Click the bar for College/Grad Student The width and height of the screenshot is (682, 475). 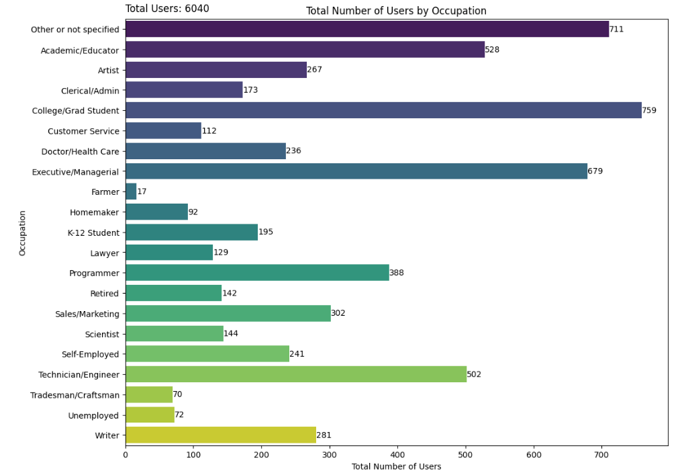tap(383, 110)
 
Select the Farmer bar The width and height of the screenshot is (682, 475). tap(131, 191)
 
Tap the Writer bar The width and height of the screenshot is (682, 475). tap(221, 435)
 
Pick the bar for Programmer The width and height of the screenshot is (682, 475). tap(257, 273)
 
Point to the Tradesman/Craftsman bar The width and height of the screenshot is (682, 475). tap(149, 394)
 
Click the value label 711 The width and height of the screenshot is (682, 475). tap(616, 30)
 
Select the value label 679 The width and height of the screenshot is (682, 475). tap(595, 171)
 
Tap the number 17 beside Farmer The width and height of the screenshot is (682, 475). tap(142, 191)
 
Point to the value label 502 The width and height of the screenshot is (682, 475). tap(474, 374)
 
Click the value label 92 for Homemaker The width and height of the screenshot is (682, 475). tap(193, 212)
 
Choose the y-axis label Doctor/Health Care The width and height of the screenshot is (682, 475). tap(80, 151)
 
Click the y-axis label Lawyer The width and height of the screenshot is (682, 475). tap(104, 253)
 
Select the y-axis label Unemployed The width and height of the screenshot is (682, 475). tap(93, 415)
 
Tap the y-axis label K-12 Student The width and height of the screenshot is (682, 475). tap(93, 232)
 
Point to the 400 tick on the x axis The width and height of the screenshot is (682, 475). tap(397, 455)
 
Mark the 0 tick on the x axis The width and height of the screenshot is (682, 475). tap(126, 455)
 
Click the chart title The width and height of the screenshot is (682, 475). tap(396, 11)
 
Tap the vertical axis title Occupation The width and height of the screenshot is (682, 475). tap(22, 233)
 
